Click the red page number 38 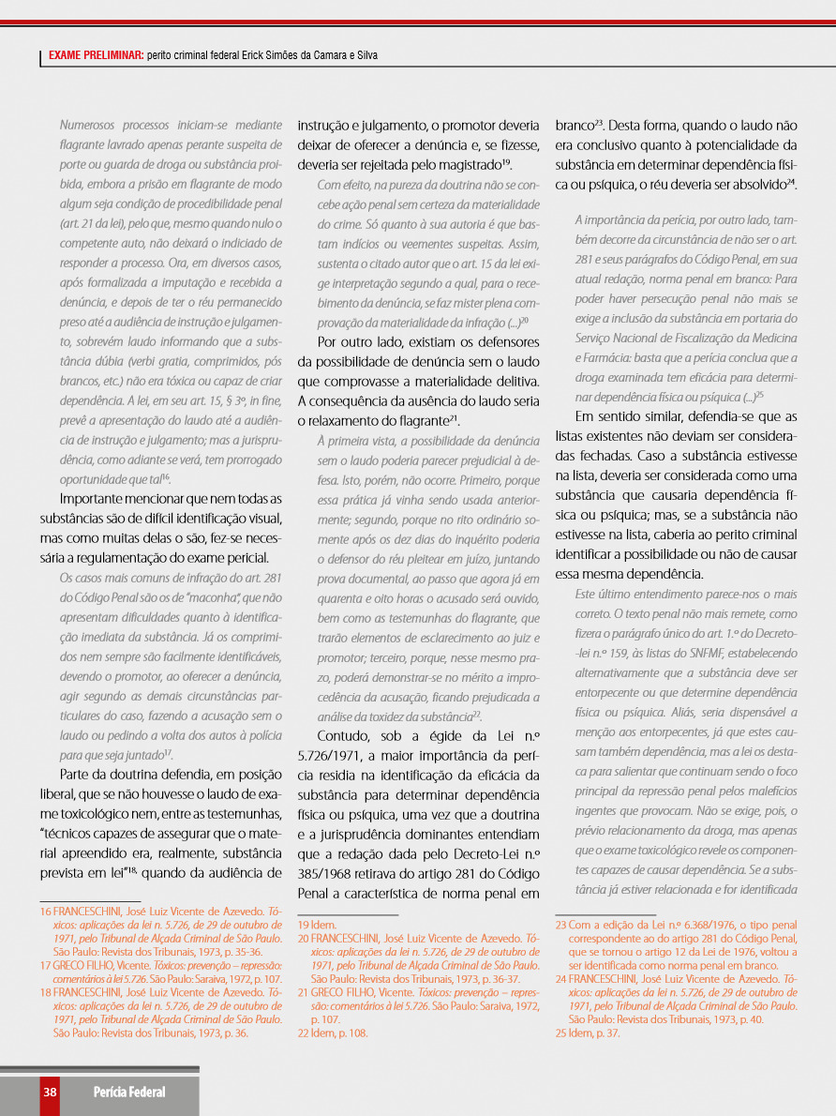[50, 1092]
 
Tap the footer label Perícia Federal [129, 1092]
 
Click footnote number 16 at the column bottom [45, 911]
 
